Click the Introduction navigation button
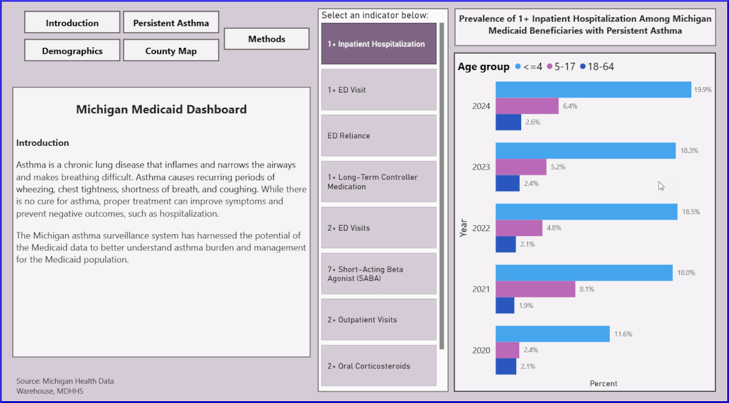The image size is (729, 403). tap(72, 23)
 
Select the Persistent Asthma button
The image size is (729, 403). tap(171, 23)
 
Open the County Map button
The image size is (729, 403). tap(171, 51)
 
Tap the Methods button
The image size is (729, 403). tap(267, 39)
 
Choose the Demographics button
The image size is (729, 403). tap(72, 51)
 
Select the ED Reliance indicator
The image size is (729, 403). tap(378, 136)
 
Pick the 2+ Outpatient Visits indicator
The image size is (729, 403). tap(378, 319)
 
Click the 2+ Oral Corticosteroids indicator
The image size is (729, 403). tap(378, 365)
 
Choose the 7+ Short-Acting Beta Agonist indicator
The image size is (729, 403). tap(378, 274)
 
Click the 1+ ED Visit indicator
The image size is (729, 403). tap(378, 90)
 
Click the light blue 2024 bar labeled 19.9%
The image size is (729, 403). tap(592, 90)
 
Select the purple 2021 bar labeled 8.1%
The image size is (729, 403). tap(535, 289)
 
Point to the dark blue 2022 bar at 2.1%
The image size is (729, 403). tap(505, 244)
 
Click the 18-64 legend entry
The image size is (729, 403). tap(597, 67)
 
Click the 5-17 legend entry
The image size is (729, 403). tap(560, 67)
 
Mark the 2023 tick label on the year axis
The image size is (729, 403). tap(481, 167)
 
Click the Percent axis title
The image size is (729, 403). tap(603, 384)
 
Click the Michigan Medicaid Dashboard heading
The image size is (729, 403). tap(161, 110)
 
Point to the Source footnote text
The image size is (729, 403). tap(65, 386)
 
